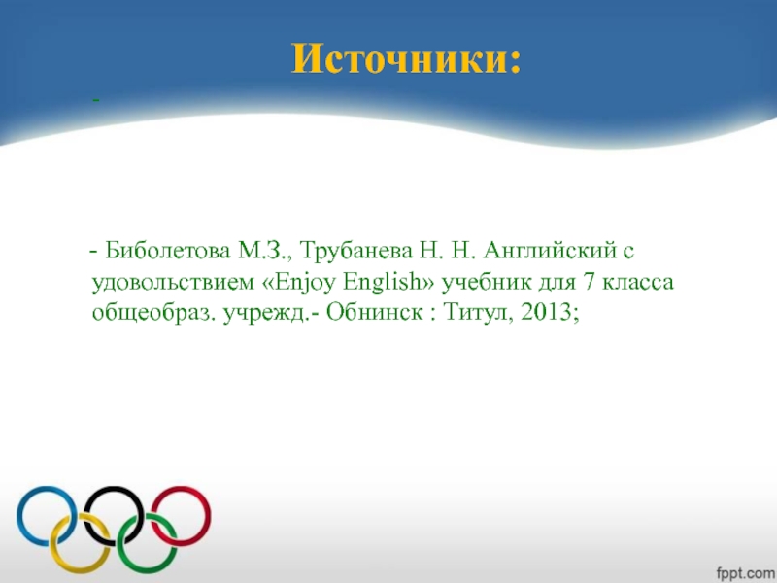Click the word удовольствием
point(167,283)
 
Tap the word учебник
point(489,283)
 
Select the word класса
point(642,283)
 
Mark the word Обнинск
point(374,313)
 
